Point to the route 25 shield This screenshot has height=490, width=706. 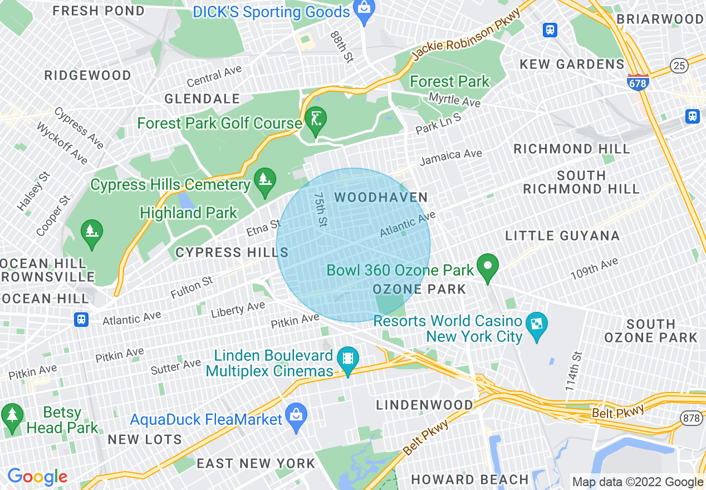(x=679, y=66)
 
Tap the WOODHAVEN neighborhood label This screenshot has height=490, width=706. (x=381, y=198)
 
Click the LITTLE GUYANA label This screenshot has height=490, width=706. (x=562, y=236)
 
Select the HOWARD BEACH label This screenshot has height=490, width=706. (x=470, y=479)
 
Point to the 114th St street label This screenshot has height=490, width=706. (x=573, y=370)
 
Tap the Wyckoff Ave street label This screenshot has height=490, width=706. (x=62, y=144)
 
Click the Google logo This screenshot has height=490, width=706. (x=37, y=477)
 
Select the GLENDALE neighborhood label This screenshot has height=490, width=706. (x=202, y=99)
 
